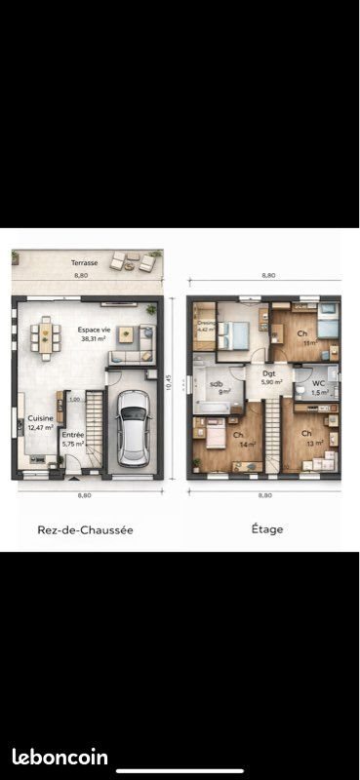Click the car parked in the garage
click(x=132, y=429)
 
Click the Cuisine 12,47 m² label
click(x=40, y=423)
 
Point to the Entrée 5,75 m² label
click(x=73, y=440)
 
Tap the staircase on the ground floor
click(x=94, y=429)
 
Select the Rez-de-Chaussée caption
click(x=85, y=529)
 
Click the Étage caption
click(x=266, y=529)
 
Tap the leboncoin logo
click(x=60, y=757)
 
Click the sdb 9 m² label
click(x=223, y=388)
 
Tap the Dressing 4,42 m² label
click(x=205, y=327)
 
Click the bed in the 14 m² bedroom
click(x=214, y=432)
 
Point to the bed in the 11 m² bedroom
click(x=327, y=327)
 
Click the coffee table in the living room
click(x=126, y=333)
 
